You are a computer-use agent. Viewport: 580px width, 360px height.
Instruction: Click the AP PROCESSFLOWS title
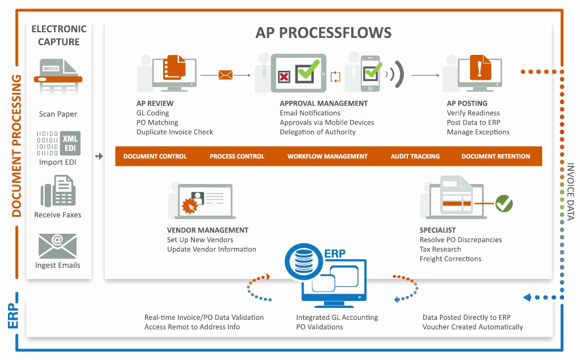point(323,32)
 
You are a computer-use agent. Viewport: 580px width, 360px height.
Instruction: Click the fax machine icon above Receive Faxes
point(58,191)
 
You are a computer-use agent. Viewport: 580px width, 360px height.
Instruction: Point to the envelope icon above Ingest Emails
point(57,246)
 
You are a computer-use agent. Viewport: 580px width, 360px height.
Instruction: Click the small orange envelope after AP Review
point(225,75)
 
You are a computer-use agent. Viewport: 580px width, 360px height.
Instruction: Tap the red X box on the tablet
point(284,76)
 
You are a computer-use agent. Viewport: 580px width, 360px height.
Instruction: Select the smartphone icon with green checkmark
point(370,72)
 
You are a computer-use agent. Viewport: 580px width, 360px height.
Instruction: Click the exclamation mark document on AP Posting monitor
point(479,70)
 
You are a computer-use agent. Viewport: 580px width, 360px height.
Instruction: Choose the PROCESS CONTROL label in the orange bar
point(237,156)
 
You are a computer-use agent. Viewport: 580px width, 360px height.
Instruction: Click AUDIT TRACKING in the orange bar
point(415,156)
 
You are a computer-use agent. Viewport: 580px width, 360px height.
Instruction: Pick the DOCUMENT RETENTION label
point(496,156)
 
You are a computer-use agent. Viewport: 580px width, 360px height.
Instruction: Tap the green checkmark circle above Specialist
point(504,203)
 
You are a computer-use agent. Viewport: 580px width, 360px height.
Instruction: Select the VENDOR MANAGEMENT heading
point(207,230)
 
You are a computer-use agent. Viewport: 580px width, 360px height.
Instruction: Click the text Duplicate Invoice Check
point(174,132)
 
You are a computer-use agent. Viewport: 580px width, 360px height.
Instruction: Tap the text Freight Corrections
point(450,259)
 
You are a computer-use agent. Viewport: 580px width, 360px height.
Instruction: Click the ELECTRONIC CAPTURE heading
point(59,35)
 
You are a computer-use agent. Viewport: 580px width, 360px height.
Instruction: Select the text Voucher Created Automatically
point(472,327)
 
